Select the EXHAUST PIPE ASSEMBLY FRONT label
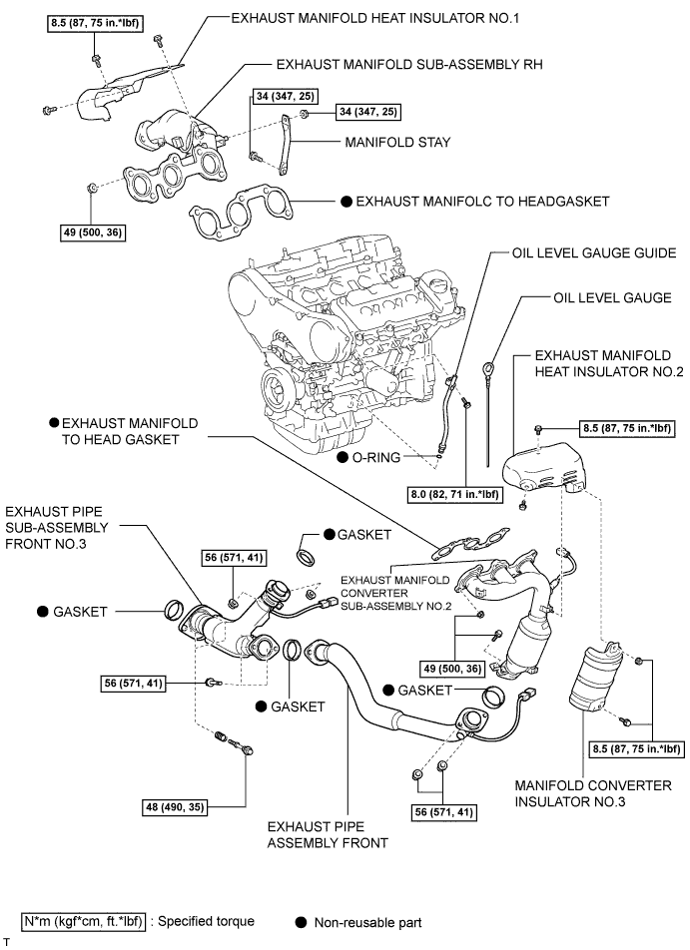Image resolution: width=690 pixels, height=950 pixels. click(x=329, y=834)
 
